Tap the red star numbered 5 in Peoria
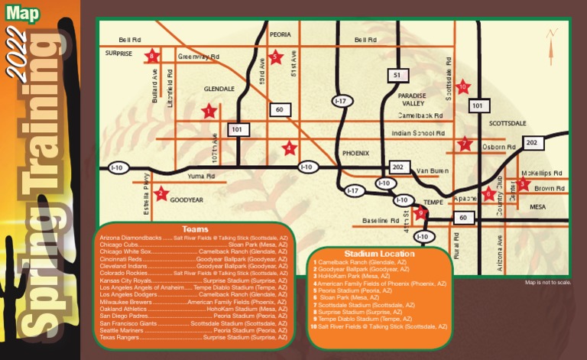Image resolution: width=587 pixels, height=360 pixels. coord(276,57)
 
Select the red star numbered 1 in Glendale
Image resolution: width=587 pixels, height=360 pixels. coord(209,111)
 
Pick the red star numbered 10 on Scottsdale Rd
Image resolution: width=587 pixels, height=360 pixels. coord(462,87)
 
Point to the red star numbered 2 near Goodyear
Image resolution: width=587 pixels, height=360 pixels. coord(161,194)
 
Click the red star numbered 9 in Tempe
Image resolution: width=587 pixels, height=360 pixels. coord(421,212)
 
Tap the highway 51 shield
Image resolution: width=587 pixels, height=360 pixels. coord(395,76)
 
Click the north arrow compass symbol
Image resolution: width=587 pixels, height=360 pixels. coord(552,43)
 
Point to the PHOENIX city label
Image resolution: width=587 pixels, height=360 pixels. coord(355,152)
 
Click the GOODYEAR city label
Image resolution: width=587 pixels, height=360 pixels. coord(186,199)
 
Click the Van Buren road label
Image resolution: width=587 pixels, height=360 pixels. coord(433,170)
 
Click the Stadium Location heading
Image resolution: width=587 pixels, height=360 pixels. coord(379,254)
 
